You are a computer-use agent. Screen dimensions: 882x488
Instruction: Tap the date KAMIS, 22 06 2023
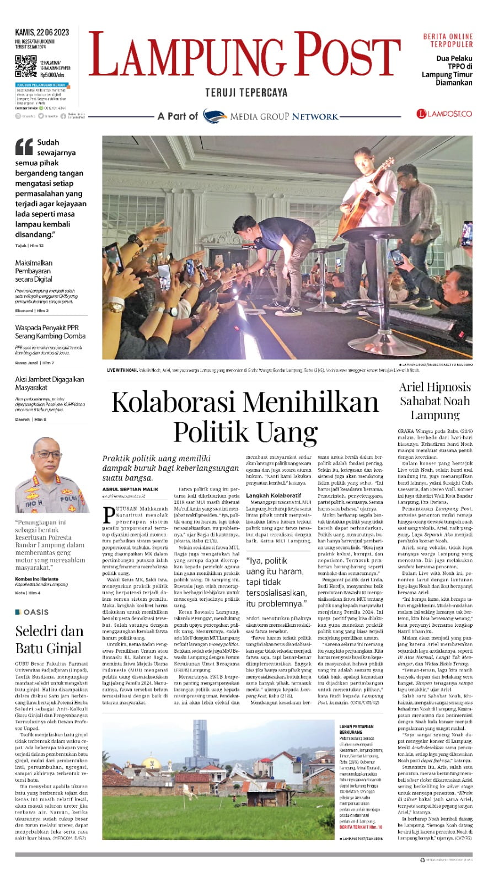pyautogui.click(x=42, y=33)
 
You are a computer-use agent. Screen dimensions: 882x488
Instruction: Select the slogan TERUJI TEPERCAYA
pyautogui.click(x=246, y=93)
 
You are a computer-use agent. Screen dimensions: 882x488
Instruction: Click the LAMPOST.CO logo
pyautogui.click(x=444, y=114)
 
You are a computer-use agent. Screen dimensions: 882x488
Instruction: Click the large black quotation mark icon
pyautogui.click(x=24, y=147)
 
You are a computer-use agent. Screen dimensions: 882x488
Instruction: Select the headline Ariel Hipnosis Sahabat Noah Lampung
pyautogui.click(x=435, y=401)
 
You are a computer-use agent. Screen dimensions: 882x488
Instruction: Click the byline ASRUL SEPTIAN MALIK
pyautogui.click(x=130, y=489)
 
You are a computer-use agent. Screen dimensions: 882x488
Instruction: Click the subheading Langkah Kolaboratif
pyautogui.click(x=274, y=496)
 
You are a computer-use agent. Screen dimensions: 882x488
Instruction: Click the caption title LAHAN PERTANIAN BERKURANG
pyautogui.click(x=356, y=729)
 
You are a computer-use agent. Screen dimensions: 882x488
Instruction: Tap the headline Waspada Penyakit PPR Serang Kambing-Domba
pyautogui.click(x=50, y=331)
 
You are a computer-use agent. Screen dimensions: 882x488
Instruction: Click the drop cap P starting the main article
pyautogui.click(x=109, y=514)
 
